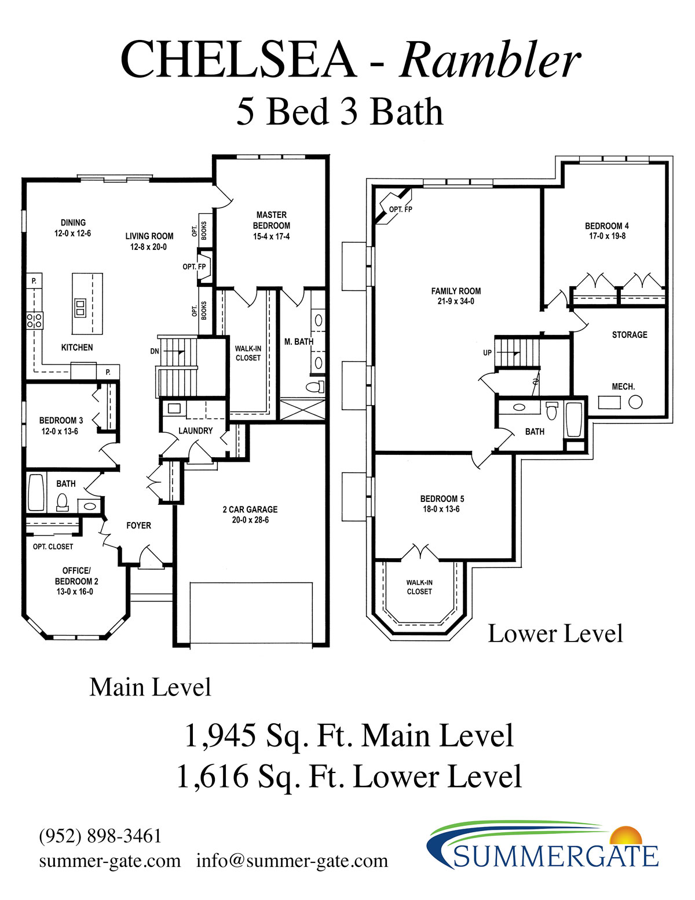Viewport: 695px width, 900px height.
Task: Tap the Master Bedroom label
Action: [272, 220]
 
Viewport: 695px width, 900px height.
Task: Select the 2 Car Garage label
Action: [250, 509]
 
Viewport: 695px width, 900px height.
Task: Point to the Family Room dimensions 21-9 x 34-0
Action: [456, 301]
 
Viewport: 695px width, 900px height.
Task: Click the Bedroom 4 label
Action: [607, 226]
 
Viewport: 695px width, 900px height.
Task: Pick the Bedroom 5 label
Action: [442, 498]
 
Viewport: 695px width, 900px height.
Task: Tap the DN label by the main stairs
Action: [155, 351]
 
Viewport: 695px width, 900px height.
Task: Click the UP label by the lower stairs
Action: [487, 352]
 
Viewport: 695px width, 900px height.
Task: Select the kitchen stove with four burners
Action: [34, 320]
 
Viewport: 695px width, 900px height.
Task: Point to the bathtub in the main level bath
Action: [36, 493]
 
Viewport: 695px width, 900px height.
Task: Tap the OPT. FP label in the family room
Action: [400, 210]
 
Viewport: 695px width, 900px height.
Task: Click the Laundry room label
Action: [195, 431]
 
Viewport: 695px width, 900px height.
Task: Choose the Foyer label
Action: [138, 526]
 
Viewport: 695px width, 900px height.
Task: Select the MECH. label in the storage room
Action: [623, 387]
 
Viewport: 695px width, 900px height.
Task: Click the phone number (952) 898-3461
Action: [100, 836]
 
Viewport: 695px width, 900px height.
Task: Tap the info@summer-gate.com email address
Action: [292, 861]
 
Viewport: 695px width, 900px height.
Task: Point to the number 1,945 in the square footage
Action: [220, 736]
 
